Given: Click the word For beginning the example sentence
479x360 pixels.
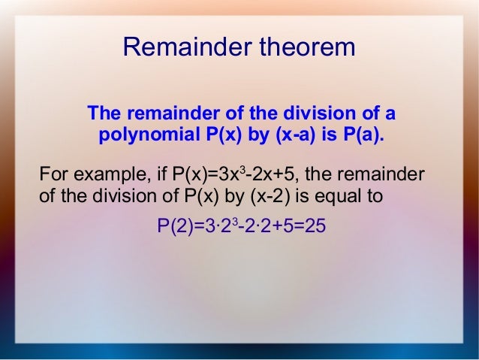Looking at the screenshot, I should [52, 176].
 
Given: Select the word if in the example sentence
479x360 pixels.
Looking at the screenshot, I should [158, 176].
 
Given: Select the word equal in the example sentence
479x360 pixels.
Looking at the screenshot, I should [342, 198].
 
